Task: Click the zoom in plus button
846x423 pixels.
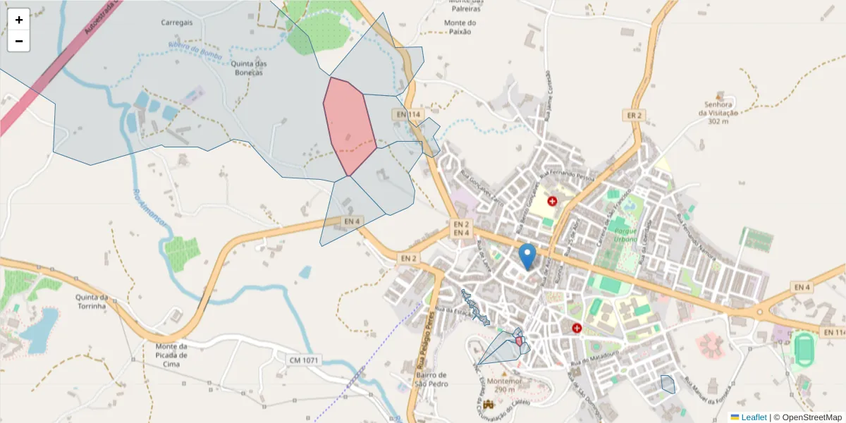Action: (x=18, y=20)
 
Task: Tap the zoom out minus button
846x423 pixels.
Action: (x=18, y=41)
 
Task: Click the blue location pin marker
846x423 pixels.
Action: (x=527, y=255)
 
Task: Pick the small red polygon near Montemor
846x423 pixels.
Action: (x=519, y=342)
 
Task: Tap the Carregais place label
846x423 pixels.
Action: (x=176, y=23)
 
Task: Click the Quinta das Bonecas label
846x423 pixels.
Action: (x=249, y=68)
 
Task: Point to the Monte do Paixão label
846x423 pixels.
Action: (x=460, y=27)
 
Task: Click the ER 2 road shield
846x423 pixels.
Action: (x=634, y=115)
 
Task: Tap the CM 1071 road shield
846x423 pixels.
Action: (x=304, y=360)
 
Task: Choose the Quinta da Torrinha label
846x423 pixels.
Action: (x=91, y=302)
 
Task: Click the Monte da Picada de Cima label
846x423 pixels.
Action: (x=171, y=355)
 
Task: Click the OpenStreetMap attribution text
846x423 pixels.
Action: (x=807, y=417)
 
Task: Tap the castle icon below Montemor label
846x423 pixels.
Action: (x=489, y=405)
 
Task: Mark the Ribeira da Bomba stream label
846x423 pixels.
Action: (x=195, y=51)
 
